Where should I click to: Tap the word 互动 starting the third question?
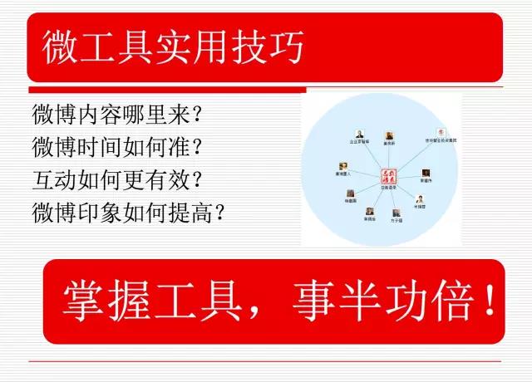point(50,179)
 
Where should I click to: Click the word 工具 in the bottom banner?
point(199,302)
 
